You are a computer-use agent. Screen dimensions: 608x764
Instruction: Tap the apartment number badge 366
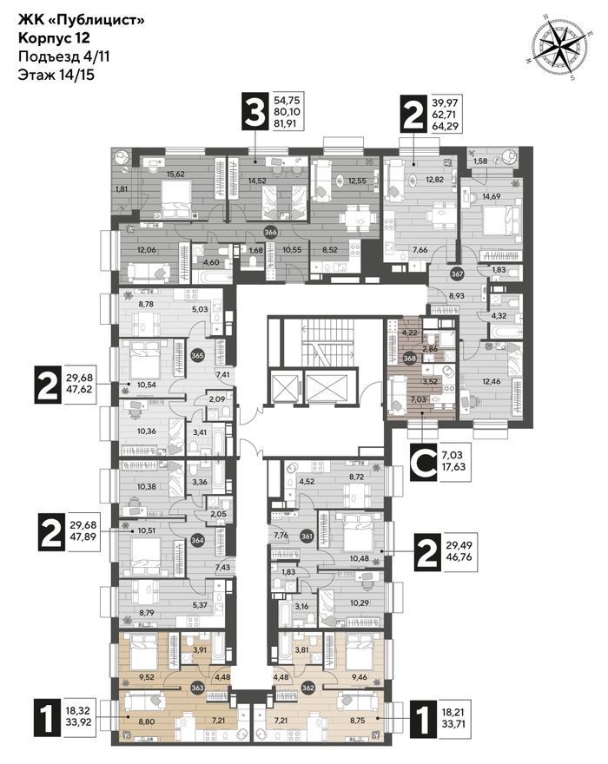tap(270, 232)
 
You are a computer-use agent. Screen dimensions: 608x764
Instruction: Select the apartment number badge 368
tap(410, 359)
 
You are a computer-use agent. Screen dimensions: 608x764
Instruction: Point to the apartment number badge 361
tap(307, 537)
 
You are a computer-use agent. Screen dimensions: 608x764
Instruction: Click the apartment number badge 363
tap(197, 687)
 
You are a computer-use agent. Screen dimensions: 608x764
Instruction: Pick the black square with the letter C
tap(423, 464)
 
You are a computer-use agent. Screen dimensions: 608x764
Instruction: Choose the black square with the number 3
tap(255, 112)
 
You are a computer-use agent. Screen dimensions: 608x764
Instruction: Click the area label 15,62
tap(176, 174)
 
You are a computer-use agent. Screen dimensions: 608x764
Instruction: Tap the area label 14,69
tap(492, 197)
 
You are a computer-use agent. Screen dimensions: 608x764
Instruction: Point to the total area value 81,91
tap(287, 122)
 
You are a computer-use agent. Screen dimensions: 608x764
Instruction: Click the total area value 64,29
tap(446, 125)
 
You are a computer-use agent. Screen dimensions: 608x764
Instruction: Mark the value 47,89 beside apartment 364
tap(83, 537)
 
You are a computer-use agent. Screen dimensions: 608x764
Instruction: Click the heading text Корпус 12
tap(54, 37)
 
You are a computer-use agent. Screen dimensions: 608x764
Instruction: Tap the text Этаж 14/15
tap(56, 75)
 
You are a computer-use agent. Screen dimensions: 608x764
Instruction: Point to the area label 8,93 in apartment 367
tap(456, 295)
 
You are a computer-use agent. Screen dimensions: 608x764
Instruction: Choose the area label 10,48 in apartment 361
tap(360, 544)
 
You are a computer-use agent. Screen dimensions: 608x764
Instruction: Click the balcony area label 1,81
tap(122, 188)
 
